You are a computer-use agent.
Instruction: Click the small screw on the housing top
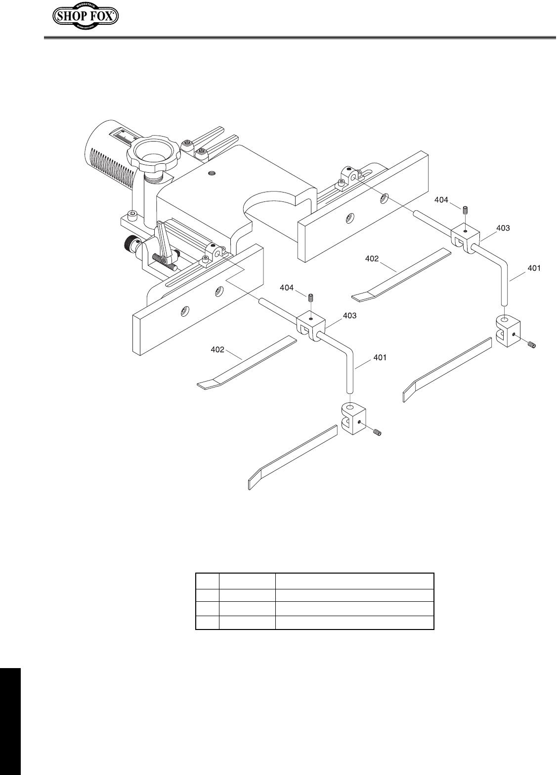pyautogui.click(x=213, y=173)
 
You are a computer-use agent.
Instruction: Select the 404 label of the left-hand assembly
pyautogui.click(x=288, y=287)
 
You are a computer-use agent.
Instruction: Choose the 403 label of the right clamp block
pyautogui.click(x=502, y=228)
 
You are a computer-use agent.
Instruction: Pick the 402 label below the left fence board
pyautogui.click(x=218, y=350)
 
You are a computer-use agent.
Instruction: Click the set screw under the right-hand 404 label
pyautogui.click(x=465, y=210)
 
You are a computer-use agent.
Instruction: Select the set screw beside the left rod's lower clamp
pyautogui.click(x=377, y=434)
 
